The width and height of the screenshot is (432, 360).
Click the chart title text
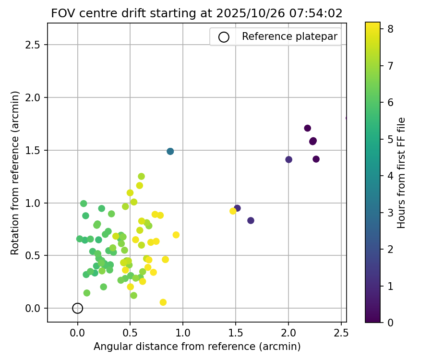(197, 13)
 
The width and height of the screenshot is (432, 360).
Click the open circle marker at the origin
(78, 308)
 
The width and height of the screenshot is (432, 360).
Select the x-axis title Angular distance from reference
(197, 347)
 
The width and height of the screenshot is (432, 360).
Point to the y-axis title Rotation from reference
(15, 173)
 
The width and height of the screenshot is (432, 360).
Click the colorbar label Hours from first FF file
(401, 173)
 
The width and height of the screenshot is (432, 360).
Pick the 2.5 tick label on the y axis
(33, 45)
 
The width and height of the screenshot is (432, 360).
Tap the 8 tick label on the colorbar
(391, 29)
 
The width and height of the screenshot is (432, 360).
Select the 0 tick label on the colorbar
(391, 323)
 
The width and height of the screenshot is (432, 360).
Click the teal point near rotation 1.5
(170, 151)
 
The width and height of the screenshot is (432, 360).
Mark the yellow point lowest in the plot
(163, 302)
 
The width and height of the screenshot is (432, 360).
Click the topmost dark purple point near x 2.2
(308, 128)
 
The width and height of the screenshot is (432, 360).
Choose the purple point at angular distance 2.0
(288, 159)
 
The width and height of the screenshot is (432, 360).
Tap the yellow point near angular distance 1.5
(233, 211)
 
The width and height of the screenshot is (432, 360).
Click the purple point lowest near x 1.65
(251, 220)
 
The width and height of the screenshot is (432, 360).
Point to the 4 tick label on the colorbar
(391, 176)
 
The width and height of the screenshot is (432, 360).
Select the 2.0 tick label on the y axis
(33, 98)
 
